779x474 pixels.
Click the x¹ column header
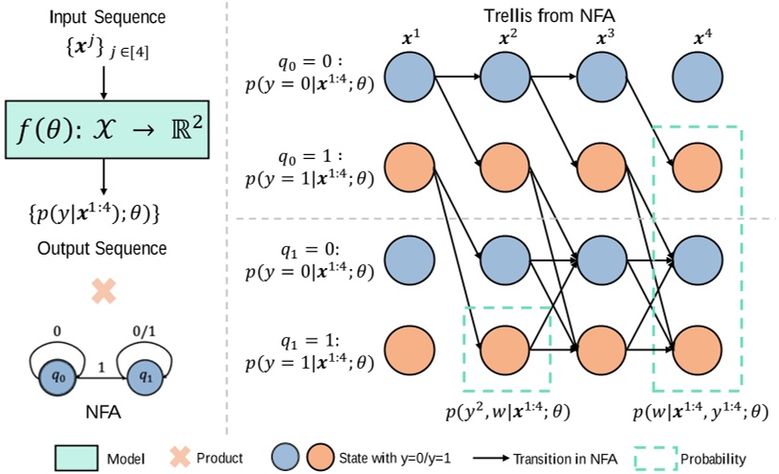tap(411, 41)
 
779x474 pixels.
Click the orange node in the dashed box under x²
tap(506, 346)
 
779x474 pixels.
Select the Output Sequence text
tap(103, 249)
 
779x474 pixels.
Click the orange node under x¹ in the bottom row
tap(410, 346)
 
